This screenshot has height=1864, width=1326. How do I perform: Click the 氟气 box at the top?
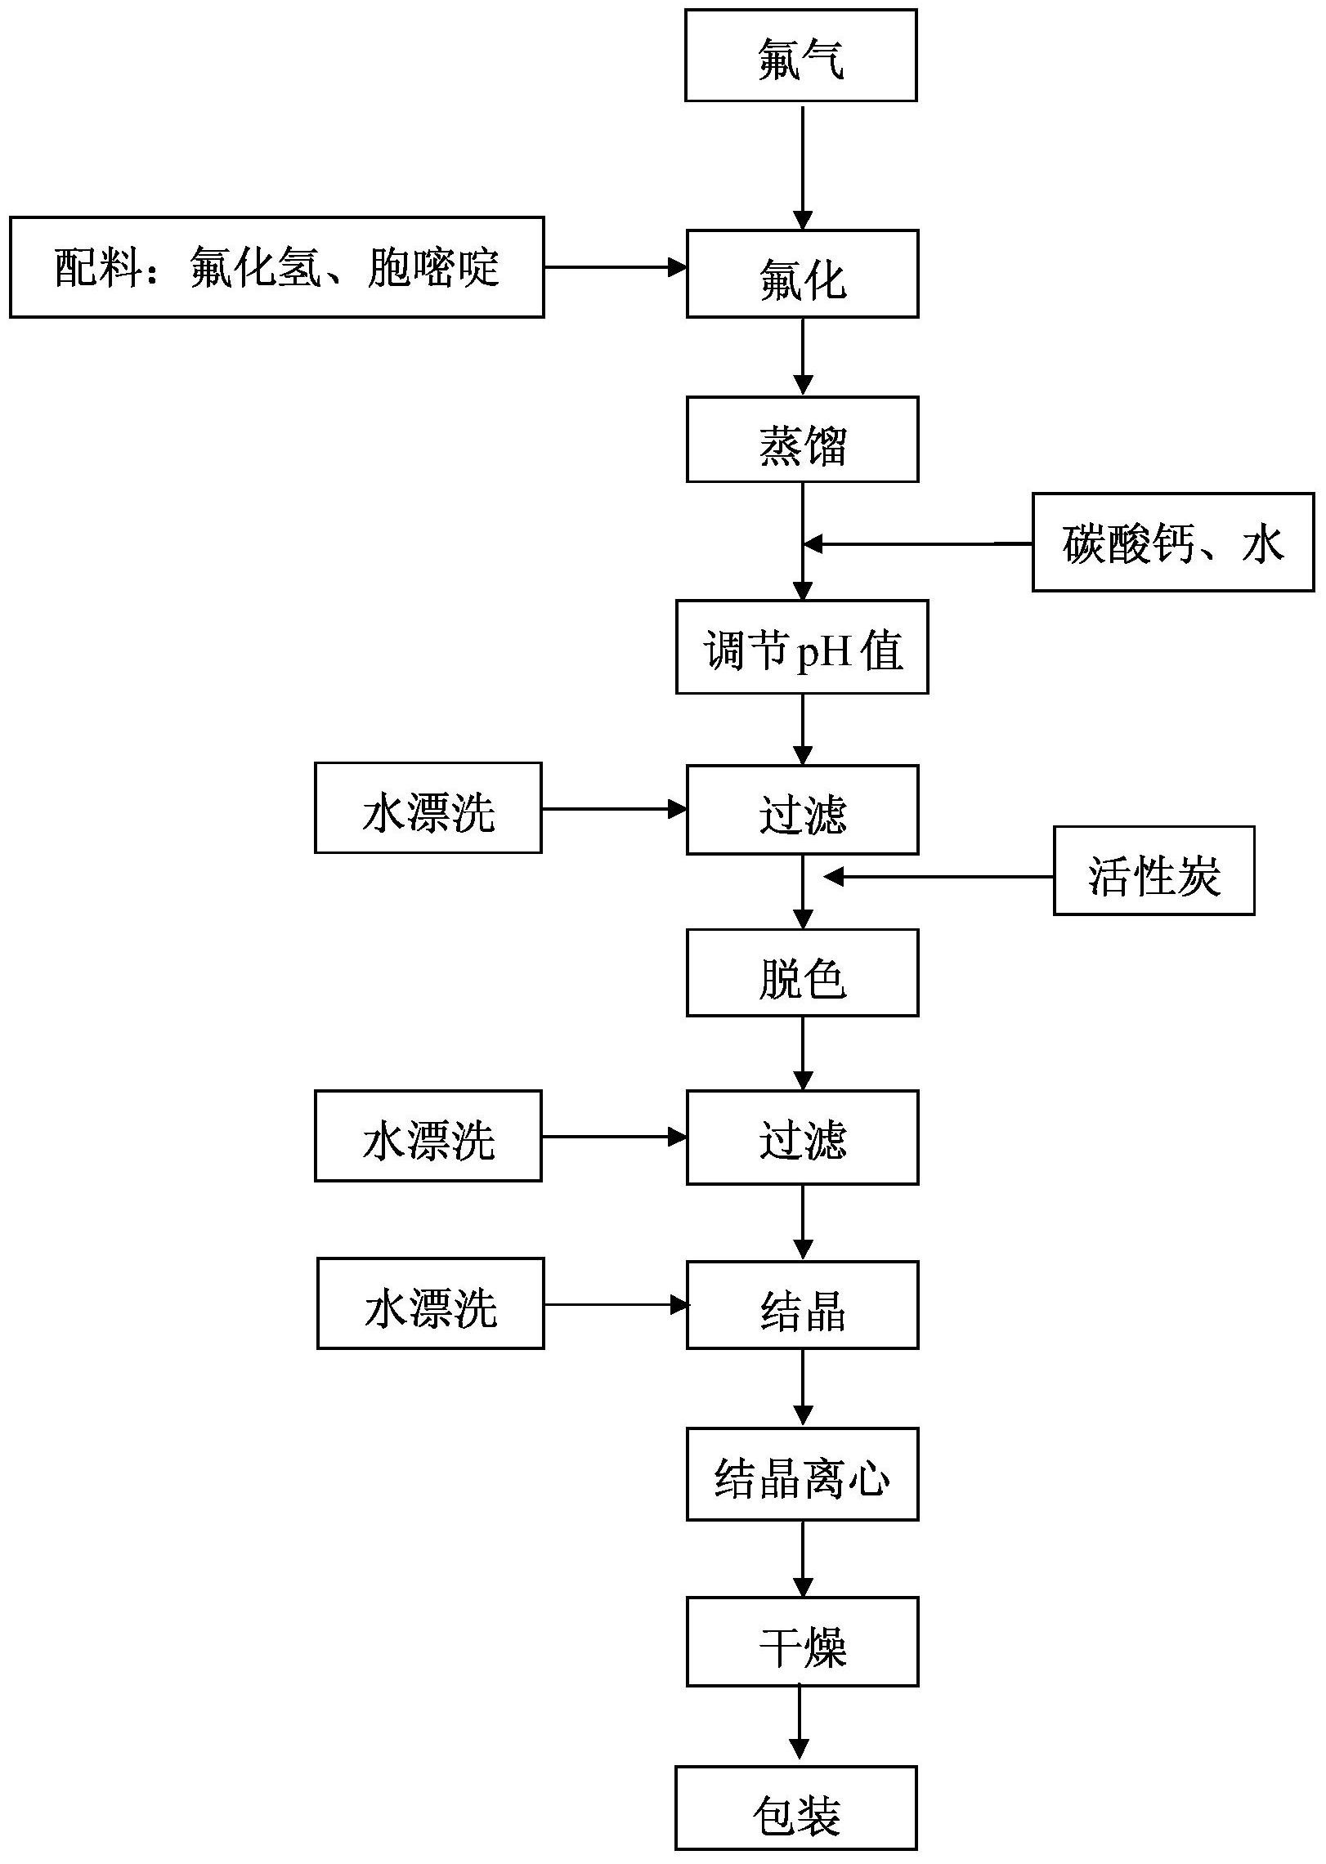(x=800, y=56)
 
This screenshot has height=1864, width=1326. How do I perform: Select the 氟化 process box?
(x=802, y=274)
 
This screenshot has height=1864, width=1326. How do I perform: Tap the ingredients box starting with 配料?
(x=276, y=267)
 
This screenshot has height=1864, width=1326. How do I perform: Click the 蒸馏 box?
(x=802, y=440)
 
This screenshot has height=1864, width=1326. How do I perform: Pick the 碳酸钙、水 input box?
(x=1172, y=542)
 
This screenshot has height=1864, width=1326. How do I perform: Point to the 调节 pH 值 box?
(x=802, y=647)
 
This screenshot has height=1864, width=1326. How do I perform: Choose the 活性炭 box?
(x=1154, y=870)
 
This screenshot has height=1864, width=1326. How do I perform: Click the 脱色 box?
(x=802, y=972)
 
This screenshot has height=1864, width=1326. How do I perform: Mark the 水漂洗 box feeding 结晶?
(x=430, y=1303)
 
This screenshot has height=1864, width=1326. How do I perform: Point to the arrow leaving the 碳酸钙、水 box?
(x=916, y=543)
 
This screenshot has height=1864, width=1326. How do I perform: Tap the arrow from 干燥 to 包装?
(x=799, y=1724)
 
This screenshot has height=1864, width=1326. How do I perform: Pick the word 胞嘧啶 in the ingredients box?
(x=433, y=267)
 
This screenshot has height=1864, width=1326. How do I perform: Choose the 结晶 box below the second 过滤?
(x=802, y=1305)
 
